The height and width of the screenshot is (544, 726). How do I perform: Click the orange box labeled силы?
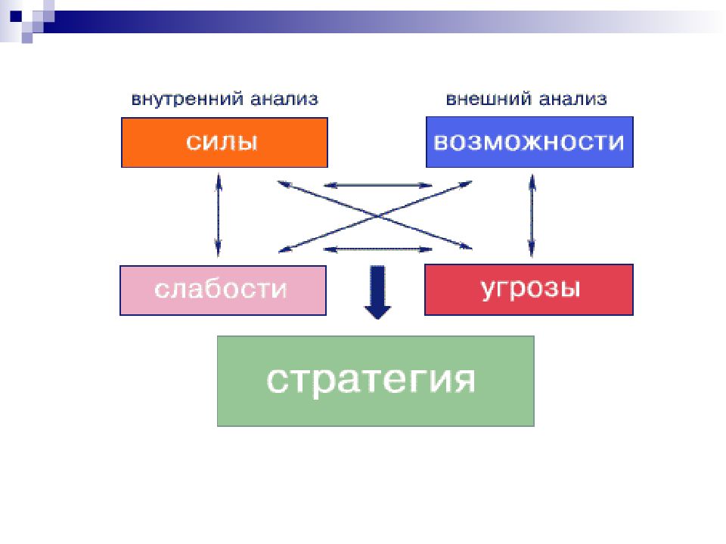pos(225,143)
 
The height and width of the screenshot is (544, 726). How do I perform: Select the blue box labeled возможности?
pos(529,142)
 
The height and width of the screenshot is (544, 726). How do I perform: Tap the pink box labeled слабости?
pos(222,290)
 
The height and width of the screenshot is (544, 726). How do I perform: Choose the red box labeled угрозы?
pos(529,289)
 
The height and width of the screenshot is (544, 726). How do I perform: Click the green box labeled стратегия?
pos(376,381)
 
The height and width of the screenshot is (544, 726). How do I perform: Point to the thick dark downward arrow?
pos(378,292)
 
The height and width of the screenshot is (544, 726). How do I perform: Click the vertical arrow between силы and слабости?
pos(219,215)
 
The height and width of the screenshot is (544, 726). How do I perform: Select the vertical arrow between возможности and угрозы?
pos(532,215)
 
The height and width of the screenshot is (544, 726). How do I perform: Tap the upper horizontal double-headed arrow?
pos(378,186)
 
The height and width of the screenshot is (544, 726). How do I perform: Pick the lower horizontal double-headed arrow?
pos(378,249)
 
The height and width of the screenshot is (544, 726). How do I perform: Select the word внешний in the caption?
pos(489,99)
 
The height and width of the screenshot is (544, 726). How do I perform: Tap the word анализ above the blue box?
pos(572,99)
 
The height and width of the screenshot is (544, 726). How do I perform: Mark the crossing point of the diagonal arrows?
pos(377,216)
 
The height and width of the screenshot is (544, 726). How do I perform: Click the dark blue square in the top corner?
pos(16,16)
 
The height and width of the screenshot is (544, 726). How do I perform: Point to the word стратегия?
pos(371,380)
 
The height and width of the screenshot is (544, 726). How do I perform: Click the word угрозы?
pos(531,289)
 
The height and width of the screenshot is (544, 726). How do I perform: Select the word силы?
pos(222,141)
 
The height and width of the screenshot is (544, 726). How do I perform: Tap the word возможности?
pos(529,142)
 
